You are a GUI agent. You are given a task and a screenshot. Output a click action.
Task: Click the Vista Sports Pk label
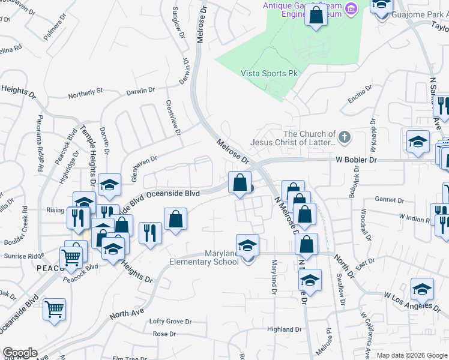click(x=269, y=73)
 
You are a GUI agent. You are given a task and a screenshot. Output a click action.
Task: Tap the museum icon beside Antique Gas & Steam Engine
click(x=352, y=8)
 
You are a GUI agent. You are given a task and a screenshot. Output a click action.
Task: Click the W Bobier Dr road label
click(x=356, y=160)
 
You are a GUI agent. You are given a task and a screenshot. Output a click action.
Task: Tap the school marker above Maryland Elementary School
click(x=247, y=246)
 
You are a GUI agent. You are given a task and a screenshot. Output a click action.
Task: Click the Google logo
click(x=20, y=353)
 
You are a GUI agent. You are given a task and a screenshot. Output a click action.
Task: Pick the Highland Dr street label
click(x=284, y=329)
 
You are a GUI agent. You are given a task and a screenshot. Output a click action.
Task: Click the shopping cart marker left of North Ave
click(x=55, y=310)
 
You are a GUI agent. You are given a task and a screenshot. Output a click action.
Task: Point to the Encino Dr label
click(x=359, y=96)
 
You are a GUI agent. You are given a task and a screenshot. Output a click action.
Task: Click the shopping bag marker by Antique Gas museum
click(x=316, y=15)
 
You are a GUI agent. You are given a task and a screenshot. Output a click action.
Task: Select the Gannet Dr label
click(x=388, y=200)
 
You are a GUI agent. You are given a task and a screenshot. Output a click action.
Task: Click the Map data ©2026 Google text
click(x=412, y=355)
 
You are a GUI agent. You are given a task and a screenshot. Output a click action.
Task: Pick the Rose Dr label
click(x=164, y=334)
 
